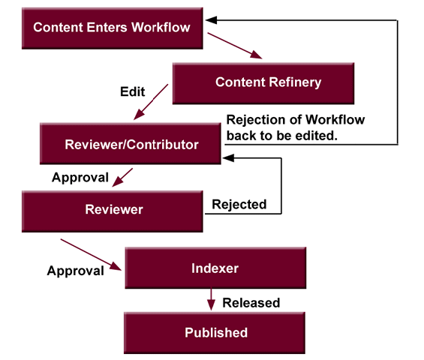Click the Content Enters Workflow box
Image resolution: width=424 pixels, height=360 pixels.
(x=112, y=28)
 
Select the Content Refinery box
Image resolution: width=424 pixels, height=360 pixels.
(x=257, y=82)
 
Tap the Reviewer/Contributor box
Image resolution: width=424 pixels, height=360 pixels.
(x=131, y=144)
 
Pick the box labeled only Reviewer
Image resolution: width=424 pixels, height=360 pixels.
(x=113, y=209)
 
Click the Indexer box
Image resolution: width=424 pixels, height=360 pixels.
(x=215, y=267)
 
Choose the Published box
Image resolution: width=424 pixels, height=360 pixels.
(x=216, y=332)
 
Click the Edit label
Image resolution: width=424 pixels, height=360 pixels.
(x=133, y=92)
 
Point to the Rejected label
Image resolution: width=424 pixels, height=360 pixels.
(x=239, y=204)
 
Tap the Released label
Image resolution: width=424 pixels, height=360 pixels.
(x=251, y=303)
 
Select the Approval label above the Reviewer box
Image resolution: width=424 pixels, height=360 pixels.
(x=80, y=178)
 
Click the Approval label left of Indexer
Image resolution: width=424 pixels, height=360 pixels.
(x=75, y=271)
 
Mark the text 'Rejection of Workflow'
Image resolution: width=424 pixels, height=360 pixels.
(x=295, y=120)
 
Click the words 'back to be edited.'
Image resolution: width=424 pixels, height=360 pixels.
(x=282, y=136)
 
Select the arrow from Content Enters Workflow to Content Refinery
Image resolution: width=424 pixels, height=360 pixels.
(x=235, y=45)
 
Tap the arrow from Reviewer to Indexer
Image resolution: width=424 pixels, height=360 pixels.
(x=91, y=254)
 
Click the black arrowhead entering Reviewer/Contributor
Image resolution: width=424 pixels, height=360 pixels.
(x=228, y=157)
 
